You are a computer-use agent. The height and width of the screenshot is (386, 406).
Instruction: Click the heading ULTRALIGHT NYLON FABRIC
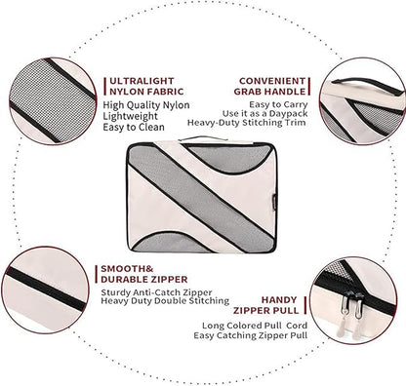(146, 86)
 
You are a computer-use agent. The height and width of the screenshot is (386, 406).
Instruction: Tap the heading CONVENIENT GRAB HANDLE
(270, 86)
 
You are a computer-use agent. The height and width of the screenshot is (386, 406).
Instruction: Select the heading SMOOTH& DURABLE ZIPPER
(144, 274)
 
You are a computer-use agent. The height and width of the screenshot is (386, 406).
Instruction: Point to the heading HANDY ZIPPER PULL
(265, 305)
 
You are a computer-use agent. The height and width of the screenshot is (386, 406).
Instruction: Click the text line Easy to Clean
(134, 127)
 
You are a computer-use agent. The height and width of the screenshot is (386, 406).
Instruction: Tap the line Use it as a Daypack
(265, 114)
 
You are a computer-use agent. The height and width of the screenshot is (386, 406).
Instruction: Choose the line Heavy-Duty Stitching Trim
(247, 123)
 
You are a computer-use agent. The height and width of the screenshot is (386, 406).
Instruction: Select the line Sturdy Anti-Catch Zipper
(156, 292)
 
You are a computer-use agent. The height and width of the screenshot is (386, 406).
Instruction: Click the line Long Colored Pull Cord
(255, 326)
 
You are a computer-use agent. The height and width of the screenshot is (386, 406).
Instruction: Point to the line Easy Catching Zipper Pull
(251, 335)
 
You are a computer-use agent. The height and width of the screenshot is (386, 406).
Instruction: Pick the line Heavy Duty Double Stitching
(165, 301)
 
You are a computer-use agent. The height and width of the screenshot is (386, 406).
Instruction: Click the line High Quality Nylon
(146, 105)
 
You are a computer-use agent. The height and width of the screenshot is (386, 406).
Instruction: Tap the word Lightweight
(130, 116)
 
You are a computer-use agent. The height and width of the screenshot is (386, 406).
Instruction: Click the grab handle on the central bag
(202, 138)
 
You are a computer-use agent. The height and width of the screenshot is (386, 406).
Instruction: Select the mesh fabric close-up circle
(53, 101)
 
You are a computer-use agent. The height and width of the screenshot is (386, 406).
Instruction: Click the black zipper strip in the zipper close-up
(46, 289)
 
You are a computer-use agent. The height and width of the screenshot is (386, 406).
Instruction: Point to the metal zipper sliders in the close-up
(351, 305)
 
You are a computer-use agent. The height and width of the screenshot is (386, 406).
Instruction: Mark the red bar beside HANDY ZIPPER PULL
(305, 305)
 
